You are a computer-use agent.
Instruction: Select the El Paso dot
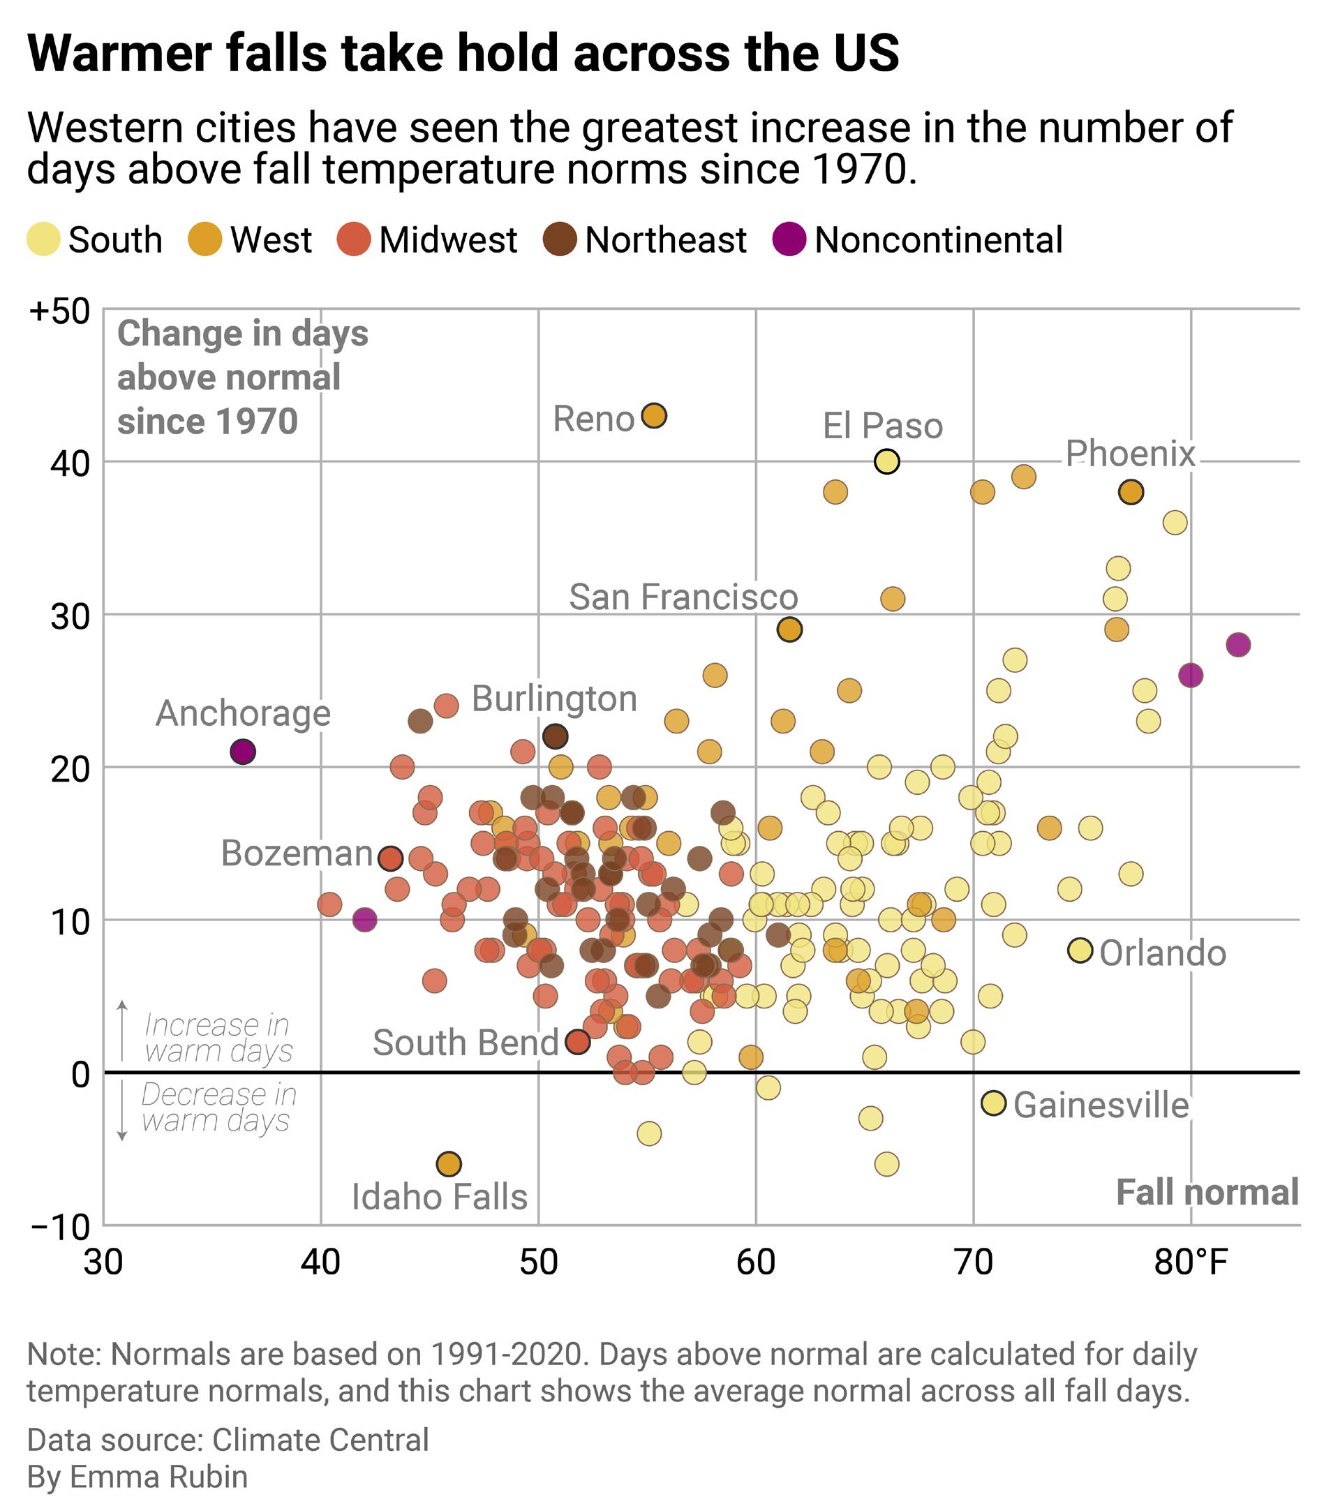[886, 462]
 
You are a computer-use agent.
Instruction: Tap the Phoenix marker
[1130, 492]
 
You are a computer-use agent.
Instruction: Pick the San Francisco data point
[789, 630]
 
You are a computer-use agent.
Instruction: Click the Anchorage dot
[242, 752]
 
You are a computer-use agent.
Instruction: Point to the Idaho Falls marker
[449, 1164]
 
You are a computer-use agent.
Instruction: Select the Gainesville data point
[993, 1103]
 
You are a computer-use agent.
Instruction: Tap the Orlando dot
[1080, 950]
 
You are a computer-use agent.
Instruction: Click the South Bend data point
[578, 1042]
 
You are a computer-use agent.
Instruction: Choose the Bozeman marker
[389, 858]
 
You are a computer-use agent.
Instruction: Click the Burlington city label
[554, 699]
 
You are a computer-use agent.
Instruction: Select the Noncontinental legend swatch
[789, 240]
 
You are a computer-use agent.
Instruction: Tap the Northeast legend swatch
[559, 240]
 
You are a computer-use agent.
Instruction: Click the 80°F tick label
[1191, 1262]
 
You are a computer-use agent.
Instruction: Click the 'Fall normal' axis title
[1206, 1192]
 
